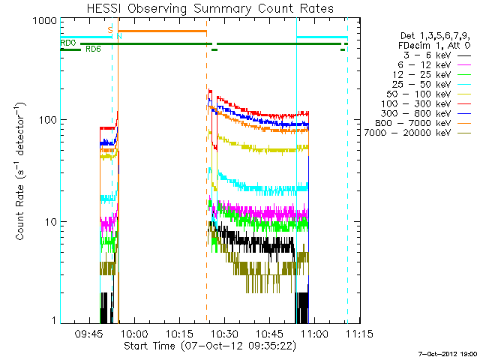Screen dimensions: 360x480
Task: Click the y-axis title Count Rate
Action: pos(22,171)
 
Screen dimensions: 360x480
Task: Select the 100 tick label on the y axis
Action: pos(47,120)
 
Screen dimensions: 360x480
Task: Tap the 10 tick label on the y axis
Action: pos(50,222)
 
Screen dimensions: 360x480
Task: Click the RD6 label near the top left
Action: pos(94,49)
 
